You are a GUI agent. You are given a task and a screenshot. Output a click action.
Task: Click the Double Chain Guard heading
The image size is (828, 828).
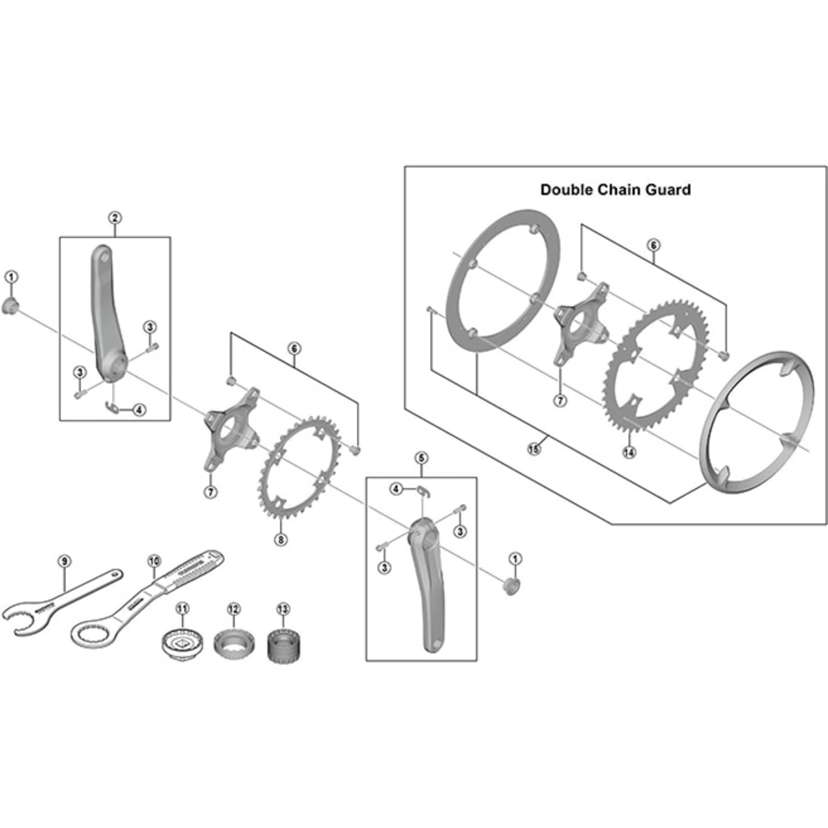pos(616,190)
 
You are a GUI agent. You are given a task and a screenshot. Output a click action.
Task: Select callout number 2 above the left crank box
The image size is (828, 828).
pos(114,218)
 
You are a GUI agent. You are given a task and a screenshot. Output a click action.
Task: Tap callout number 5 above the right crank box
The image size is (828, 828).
pos(421,458)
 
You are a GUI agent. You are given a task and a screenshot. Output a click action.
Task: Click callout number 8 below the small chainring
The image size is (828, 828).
pos(280,539)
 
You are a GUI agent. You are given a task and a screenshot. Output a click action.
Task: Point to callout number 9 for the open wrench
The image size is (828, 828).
pos(64,561)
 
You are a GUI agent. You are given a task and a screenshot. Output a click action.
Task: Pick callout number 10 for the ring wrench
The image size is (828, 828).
pos(154,561)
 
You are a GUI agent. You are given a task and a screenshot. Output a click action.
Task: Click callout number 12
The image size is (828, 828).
pos(233,609)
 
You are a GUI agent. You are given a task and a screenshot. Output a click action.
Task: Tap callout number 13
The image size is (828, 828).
pos(283,609)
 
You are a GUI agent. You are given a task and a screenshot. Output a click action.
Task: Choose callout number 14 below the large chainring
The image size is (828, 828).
pos(629,452)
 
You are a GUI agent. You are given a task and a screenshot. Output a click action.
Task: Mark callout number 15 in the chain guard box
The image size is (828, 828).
pos(533,449)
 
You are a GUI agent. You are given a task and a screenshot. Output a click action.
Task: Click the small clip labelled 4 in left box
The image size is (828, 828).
pos(112,408)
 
